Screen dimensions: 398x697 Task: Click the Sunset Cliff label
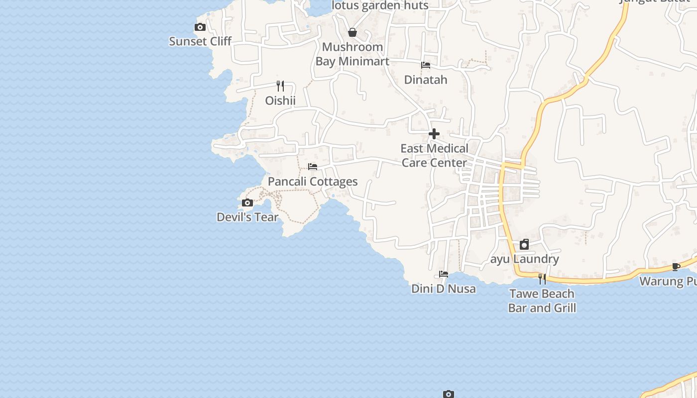click(x=200, y=41)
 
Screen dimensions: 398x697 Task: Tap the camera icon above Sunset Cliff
click(x=200, y=27)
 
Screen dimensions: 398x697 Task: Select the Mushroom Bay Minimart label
click(x=352, y=54)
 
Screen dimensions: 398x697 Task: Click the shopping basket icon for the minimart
click(x=352, y=33)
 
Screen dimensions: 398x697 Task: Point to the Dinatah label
click(x=426, y=80)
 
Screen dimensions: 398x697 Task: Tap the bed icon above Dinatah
click(x=426, y=65)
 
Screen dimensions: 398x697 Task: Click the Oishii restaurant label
click(x=280, y=100)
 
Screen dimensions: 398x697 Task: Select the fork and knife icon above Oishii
click(x=280, y=86)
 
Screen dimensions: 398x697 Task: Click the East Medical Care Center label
click(x=434, y=155)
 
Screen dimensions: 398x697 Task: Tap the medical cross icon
click(x=434, y=134)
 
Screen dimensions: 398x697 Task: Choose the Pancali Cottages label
click(x=313, y=182)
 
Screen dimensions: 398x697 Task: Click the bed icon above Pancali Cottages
click(x=313, y=167)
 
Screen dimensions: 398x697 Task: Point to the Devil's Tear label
click(x=247, y=217)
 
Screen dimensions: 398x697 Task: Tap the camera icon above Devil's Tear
click(x=247, y=202)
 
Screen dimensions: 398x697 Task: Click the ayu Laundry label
click(x=525, y=259)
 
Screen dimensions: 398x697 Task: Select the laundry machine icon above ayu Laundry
click(x=524, y=244)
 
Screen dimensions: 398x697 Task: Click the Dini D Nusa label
click(x=444, y=289)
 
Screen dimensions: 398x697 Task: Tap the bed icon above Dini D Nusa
click(x=444, y=274)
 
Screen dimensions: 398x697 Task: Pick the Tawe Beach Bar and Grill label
click(x=542, y=300)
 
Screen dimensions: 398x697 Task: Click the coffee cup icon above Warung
click(x=676, y=267)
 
